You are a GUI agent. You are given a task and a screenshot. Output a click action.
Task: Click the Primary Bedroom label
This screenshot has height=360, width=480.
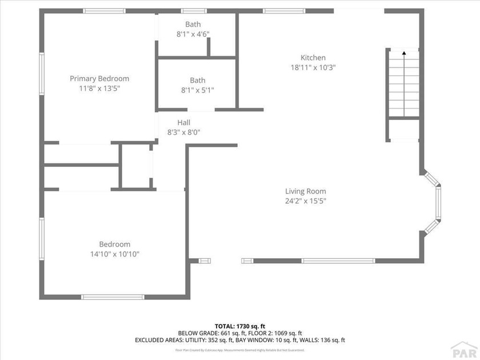(99, 79)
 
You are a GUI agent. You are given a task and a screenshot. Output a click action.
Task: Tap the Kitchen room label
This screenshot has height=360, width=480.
(313, 58)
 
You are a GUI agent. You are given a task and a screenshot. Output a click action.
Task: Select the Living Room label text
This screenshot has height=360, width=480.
(306, 191)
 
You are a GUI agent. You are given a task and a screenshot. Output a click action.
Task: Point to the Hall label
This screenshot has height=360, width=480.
(184, 122)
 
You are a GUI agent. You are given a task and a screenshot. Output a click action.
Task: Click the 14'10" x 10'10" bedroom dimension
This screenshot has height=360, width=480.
(115, 254)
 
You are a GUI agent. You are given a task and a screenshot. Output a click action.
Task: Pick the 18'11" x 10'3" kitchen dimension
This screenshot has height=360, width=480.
(313, 67)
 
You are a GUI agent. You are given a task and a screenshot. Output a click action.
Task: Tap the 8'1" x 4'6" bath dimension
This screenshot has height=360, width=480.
(193, 34)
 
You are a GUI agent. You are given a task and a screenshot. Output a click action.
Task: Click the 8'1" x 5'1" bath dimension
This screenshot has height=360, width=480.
(198, 90)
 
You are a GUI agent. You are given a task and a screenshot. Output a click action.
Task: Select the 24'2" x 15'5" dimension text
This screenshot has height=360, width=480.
(306, 201)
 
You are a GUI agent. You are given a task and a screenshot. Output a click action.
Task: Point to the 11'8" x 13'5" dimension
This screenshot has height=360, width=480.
(99, 88)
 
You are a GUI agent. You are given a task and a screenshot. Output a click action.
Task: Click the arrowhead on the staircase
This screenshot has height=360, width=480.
(404, 53)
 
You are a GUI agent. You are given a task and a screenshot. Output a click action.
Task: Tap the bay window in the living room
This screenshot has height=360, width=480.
(438, 203)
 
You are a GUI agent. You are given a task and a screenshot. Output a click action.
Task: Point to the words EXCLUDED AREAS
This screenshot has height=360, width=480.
(159, 341)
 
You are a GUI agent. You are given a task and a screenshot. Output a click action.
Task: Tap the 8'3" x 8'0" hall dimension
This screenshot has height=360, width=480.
(184, 132)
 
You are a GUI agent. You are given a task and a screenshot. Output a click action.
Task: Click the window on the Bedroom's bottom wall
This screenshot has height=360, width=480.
(113, 297)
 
